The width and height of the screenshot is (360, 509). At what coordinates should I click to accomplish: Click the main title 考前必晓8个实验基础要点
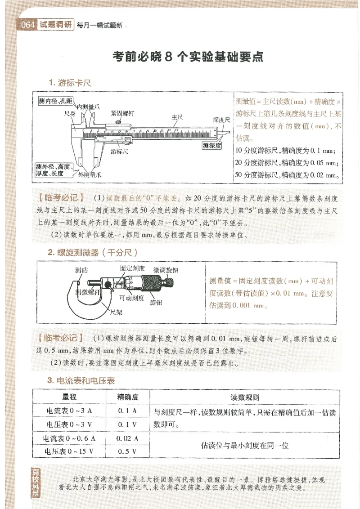[x=188, y=58]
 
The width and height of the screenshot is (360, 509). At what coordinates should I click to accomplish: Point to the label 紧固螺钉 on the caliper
[x=122, y=114]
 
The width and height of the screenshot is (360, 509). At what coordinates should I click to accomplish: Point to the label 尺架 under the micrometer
[x=116, y=311]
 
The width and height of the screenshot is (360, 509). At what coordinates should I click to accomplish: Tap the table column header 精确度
[x=127, y=397]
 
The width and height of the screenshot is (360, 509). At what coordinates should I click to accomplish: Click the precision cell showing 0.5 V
[x=127, y=451]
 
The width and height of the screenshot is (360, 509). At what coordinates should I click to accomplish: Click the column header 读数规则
[x=244, y=397]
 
